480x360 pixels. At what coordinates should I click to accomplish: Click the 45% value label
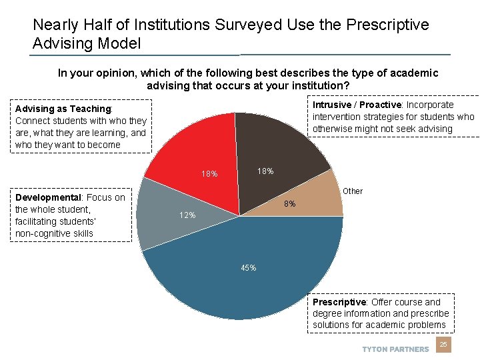pos(248,268)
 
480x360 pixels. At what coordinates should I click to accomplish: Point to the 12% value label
pos(187,215)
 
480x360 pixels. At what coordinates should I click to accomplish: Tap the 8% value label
pos(290,204)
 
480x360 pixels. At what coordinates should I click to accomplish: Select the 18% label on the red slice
pos(209,174)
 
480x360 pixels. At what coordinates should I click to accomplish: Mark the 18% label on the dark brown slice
pos(265,171)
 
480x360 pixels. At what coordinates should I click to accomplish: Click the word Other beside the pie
pos(353,191)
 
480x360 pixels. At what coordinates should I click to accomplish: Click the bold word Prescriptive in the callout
pos(339,302)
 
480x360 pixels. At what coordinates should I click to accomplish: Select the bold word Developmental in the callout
pos(47,197)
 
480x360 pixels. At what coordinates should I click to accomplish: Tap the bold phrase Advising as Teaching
pos(63,109)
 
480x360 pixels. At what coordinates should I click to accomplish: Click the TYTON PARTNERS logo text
pos(395,349)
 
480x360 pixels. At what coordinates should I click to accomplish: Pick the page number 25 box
pos(443,344)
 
